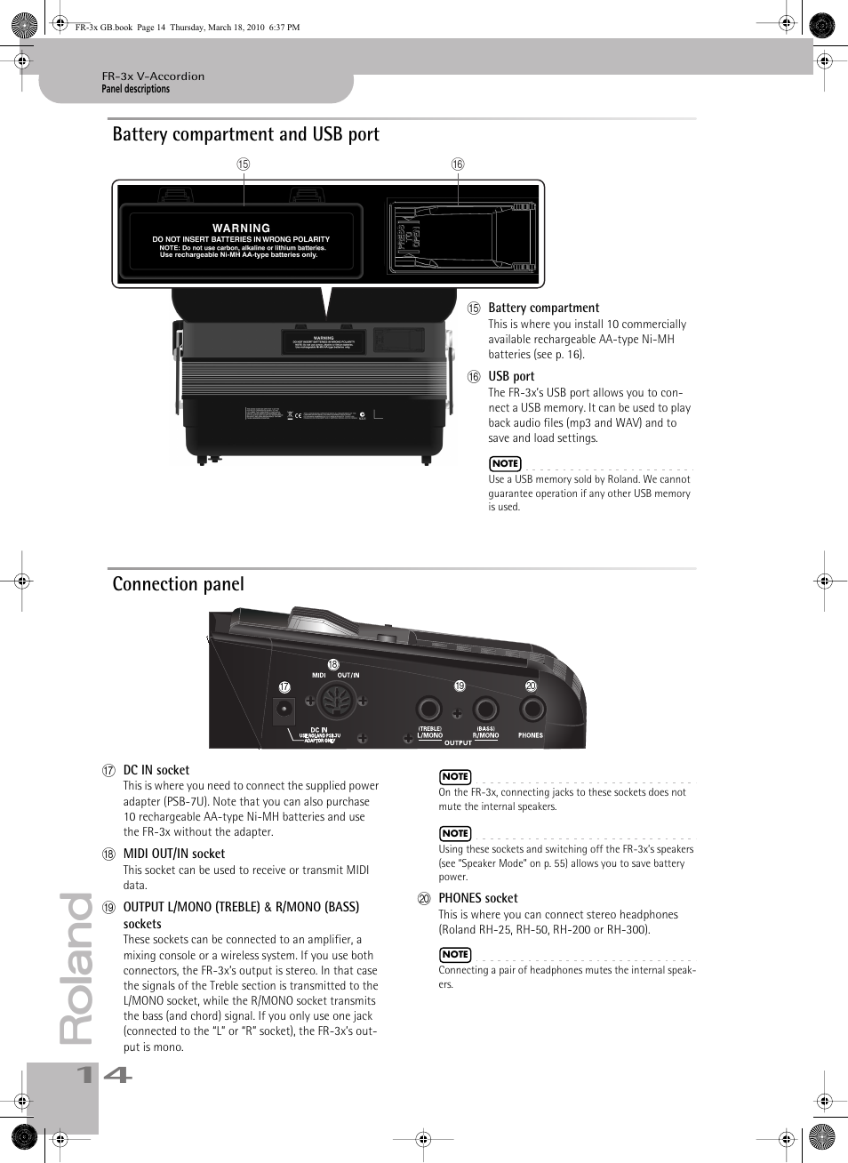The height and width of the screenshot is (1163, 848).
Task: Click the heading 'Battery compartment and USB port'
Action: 245,134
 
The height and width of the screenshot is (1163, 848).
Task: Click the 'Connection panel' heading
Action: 178,584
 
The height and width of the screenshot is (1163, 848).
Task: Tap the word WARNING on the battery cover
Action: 241,229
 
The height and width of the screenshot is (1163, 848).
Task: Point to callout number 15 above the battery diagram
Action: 243,164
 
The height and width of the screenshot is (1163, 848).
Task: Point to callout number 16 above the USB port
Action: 458,164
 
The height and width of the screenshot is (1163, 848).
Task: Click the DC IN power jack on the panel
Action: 284,709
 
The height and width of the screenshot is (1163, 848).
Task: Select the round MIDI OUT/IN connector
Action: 337,702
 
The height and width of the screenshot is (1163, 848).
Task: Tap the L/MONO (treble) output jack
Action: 429,709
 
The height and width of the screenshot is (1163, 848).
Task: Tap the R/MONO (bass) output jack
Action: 485,709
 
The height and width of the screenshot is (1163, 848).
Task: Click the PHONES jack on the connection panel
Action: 532,709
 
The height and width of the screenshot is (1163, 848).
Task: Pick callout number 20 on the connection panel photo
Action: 531,686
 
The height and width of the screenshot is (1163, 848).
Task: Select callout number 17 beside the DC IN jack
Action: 284,686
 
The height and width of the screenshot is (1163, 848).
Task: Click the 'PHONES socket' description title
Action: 477,898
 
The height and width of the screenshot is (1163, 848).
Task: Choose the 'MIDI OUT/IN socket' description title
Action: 173,854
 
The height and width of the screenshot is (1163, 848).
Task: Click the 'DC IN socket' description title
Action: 156,770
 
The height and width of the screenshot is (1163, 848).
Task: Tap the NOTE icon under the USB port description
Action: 505,463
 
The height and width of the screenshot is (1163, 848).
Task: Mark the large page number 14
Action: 105,1075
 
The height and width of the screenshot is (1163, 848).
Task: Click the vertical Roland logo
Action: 76,969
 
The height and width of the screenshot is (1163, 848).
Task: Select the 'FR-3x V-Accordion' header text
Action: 153,76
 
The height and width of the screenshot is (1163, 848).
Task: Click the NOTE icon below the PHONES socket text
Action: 455,954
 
